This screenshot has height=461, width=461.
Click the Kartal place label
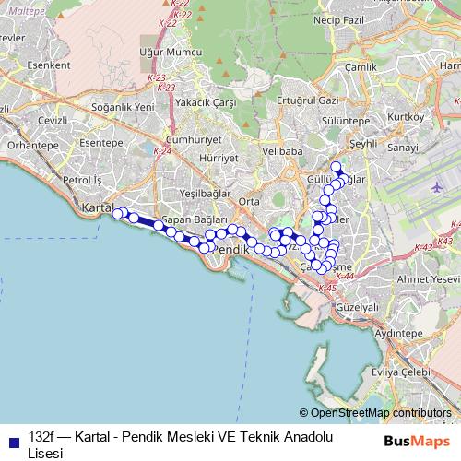click(x=96, y=207)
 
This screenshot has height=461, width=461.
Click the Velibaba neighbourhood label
click(x=282, y=149)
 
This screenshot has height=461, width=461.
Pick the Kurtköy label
click(x=407, y=116)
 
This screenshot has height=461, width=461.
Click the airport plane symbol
click(x=436, y=185)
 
